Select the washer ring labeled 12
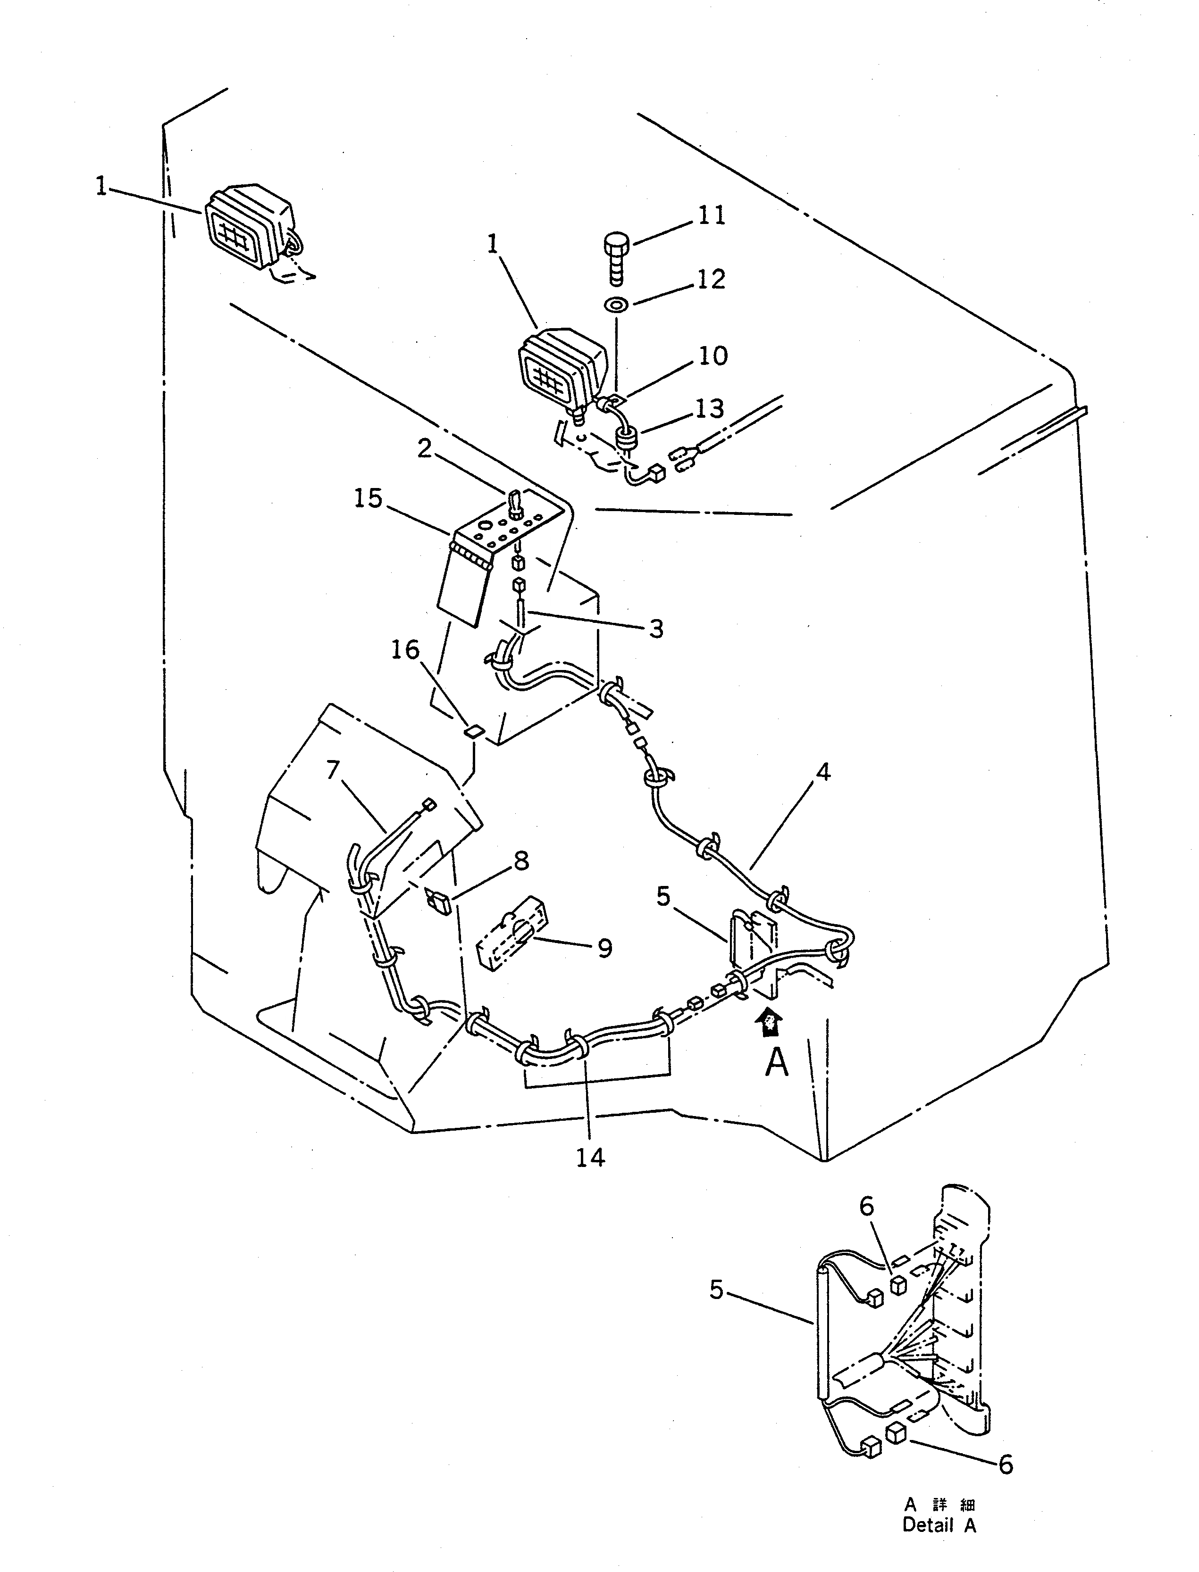615,305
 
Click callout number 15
368,498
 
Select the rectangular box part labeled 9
511,933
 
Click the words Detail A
939,1526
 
